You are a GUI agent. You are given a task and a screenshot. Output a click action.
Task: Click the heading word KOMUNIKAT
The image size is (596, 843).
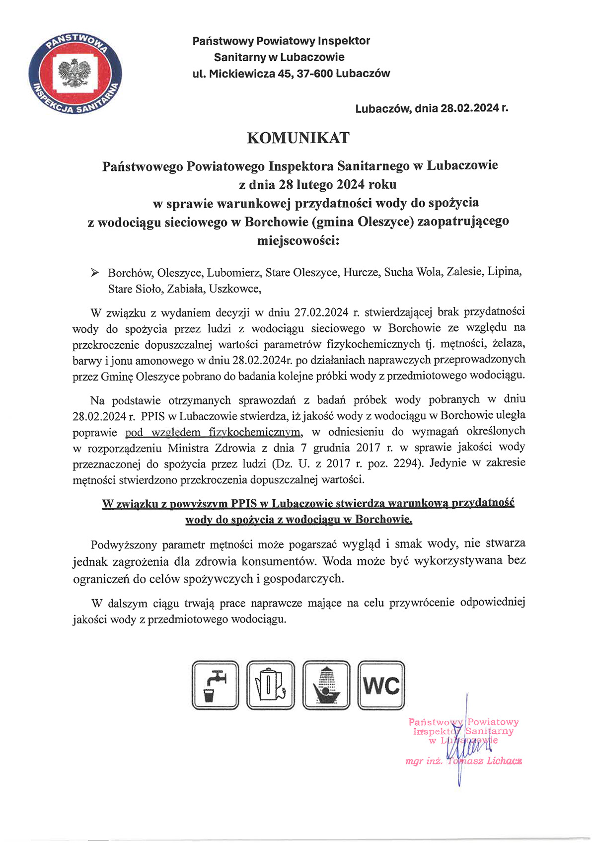(x=298, y=138)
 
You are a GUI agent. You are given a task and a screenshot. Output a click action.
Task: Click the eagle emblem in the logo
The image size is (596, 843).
(x=75, y=74)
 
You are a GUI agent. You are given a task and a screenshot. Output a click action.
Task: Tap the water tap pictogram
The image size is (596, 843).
(x=215, y=685)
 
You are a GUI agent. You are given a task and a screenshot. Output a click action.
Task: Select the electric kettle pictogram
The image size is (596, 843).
(x=270, y=685)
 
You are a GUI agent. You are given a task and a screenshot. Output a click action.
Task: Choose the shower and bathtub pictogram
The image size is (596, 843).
(x=326, y=685)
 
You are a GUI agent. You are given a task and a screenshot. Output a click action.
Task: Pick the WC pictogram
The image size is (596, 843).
(x=381, y=686)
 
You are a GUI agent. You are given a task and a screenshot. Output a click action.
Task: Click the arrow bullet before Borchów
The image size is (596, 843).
(x=94, y=272)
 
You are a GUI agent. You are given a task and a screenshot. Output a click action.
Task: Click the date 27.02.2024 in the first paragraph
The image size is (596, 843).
(x=321, y=312)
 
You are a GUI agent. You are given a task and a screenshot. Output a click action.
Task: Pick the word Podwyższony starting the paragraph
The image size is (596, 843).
(x=124, y=544)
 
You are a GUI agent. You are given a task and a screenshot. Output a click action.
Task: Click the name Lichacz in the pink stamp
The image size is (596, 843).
(x=504, y=761)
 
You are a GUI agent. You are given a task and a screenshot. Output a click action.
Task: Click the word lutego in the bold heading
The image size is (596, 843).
(x=315, y=185)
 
